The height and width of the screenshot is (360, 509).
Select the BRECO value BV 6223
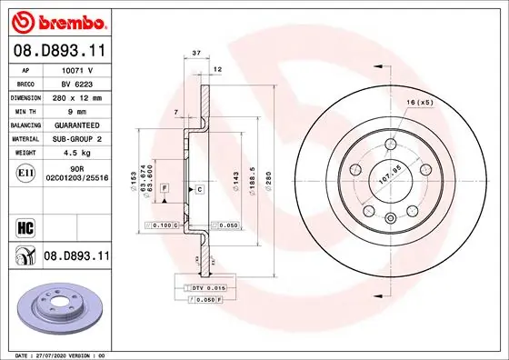(75, 82)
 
